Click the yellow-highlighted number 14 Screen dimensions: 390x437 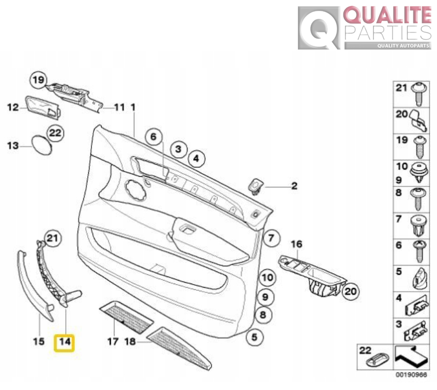tap(65, 342)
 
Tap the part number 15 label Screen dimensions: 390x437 tap(39, 341)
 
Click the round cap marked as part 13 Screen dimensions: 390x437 tap(42, 145)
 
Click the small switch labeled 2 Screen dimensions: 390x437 tap(255, 186)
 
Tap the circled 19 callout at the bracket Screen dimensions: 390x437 tap(37, 80)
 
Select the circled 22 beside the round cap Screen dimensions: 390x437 tap(55, 133)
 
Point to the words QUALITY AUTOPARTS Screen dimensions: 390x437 tap(403, 46)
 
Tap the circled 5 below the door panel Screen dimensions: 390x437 tap(254, 338)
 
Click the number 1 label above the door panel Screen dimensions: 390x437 tap(132, 107)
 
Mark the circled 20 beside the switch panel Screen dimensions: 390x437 tap(350, 292)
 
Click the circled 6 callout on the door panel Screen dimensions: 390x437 tap(153, 137)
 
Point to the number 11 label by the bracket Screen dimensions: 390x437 tap(119, 107)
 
